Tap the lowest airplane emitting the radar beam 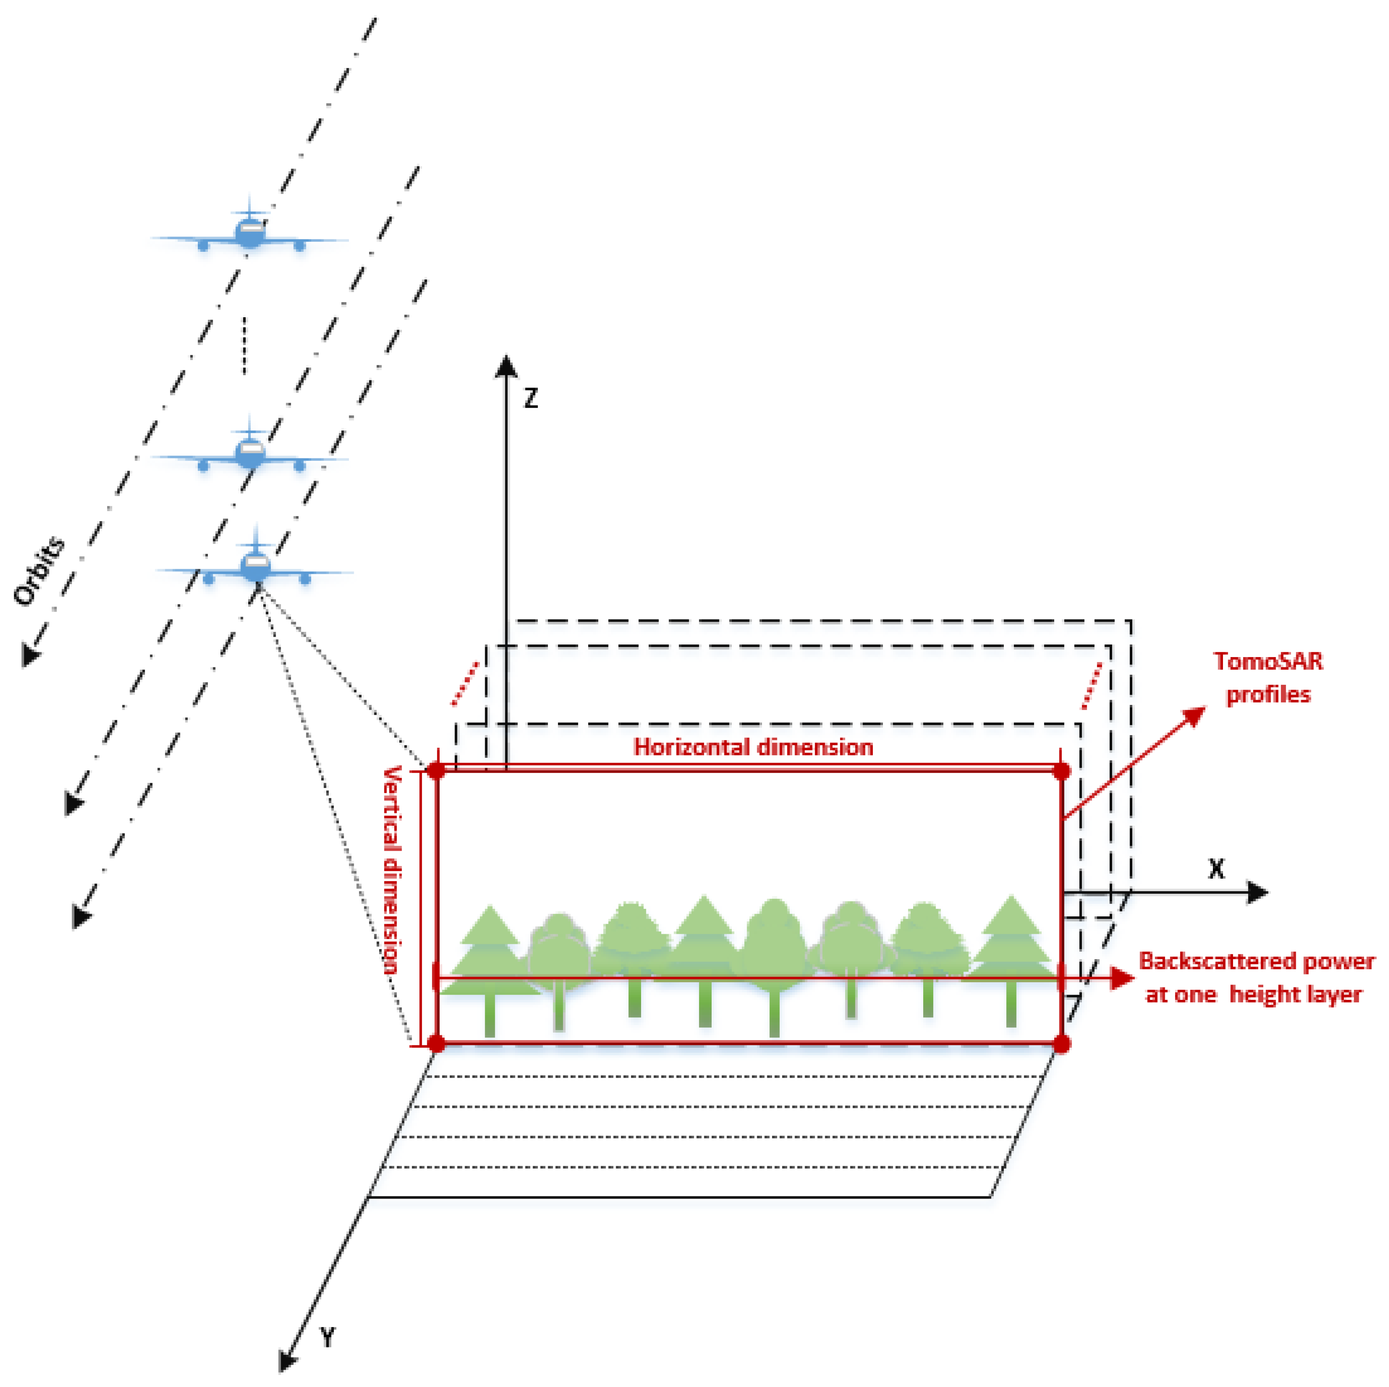[255, 566]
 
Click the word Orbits [39, 571]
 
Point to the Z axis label [531, 398]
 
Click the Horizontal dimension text [753, 747]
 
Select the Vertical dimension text [391, 870]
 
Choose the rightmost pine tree [1011, 949]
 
